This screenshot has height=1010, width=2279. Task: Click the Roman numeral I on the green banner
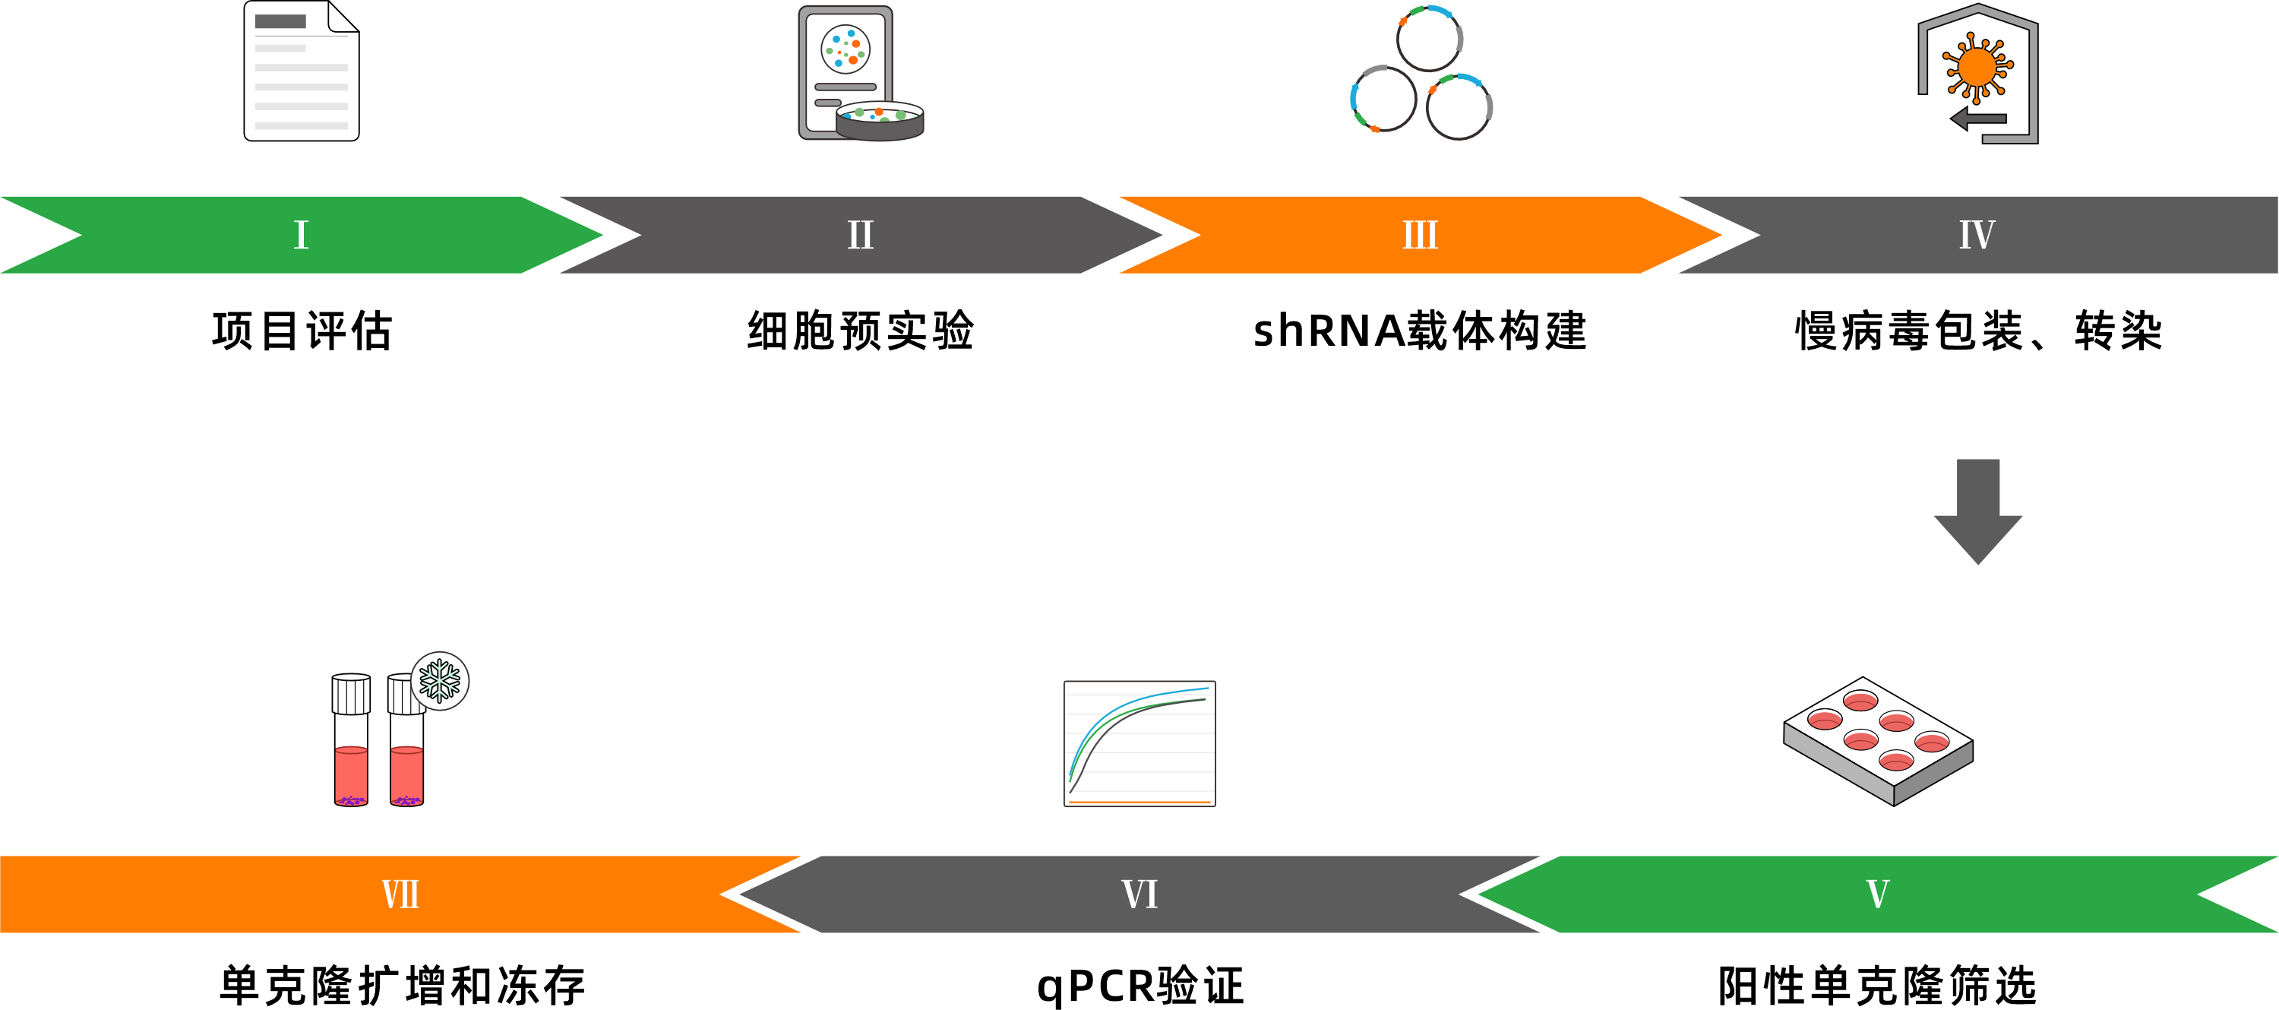(301, 236)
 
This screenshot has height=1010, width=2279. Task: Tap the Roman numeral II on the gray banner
(860, 236)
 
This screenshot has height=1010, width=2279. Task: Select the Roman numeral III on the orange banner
(1420, 236)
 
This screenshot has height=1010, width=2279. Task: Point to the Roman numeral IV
(1977, 236)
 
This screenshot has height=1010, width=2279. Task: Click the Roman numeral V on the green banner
(1877, 894)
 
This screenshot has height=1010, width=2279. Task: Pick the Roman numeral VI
(1139, 894)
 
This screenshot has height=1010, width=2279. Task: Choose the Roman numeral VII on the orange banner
(400, 894)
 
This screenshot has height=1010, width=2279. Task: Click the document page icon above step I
(302, 71)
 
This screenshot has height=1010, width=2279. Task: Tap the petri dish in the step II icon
(880, 122)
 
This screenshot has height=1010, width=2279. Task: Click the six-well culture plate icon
(1877, 740)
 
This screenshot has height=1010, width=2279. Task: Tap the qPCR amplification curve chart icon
(1139, 743)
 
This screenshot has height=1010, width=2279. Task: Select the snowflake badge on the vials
(440, 681)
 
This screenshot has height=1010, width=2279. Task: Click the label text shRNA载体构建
(1420, 331)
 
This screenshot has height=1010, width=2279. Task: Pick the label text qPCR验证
(1139, 985)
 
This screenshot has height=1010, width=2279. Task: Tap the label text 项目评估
(302, 331)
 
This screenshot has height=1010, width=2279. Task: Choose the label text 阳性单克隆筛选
(1877, 985)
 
